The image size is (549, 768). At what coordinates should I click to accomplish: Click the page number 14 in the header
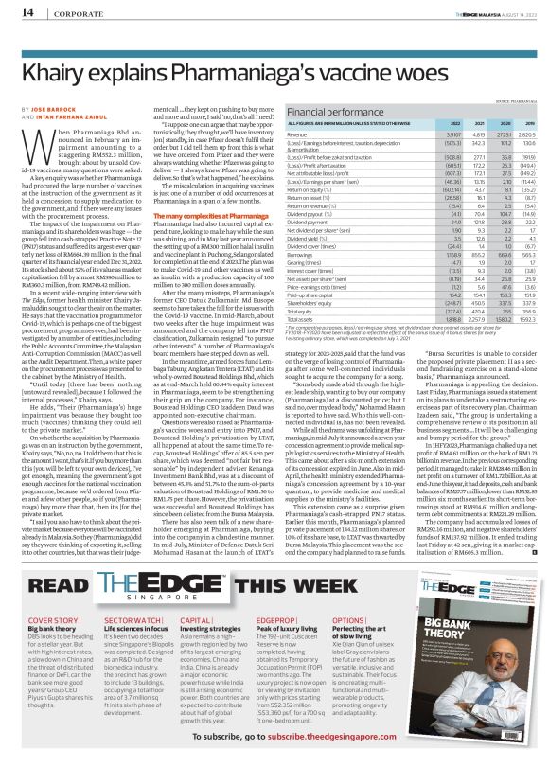click(x=16, y=11)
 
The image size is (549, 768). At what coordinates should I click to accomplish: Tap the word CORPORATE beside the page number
click(x=67, y=12)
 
